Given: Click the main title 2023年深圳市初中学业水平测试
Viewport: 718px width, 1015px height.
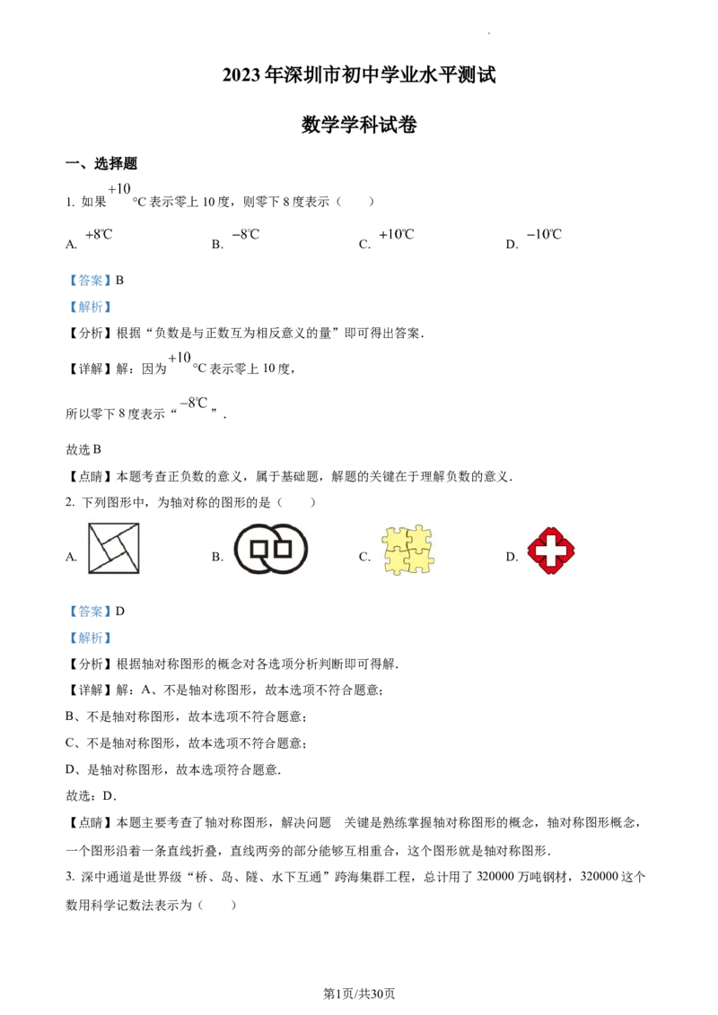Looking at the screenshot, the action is click(x=359, y=75).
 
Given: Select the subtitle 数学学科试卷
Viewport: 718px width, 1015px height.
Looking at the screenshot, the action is click(x=359, y=125).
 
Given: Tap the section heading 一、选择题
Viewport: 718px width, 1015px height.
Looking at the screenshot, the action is click(x=101, y=163).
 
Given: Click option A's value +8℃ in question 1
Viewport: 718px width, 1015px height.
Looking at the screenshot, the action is click(x=99, y=234).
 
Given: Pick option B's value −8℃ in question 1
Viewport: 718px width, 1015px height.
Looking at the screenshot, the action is click(x=246, y=234).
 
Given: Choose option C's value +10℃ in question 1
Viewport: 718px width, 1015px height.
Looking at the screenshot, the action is click(x=397, y=234).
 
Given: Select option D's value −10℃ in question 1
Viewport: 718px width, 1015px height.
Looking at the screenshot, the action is click(x=544, y=234).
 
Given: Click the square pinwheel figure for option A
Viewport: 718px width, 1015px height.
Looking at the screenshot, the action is click(x=113, y=548).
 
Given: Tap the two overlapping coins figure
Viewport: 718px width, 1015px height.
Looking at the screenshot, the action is click(x=271, y=549).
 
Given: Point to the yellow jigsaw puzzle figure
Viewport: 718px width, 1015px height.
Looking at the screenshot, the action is click(x=407, y=551).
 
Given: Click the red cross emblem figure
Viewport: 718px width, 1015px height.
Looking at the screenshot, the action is click(x=551, y=551).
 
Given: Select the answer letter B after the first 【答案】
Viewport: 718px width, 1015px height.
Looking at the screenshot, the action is click(x=120, y=281).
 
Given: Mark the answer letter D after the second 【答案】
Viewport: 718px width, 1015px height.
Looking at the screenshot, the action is click(x=120, y=612).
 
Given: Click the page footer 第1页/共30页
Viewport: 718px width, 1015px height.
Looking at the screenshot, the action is click(x=359, y=993).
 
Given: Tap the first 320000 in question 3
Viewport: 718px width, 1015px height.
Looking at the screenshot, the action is click(x=498, y=877).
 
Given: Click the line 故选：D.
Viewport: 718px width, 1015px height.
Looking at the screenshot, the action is click(x=92, y=795).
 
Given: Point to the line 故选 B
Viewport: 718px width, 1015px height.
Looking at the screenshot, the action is click(x=83, y=449).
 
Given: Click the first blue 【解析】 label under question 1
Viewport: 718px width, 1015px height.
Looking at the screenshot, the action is click(x=90, y=307).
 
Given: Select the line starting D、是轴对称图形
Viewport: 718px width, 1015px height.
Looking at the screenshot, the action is click(x=173, y=769).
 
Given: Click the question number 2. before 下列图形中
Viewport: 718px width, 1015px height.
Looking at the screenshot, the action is click(x=70, y=502).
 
